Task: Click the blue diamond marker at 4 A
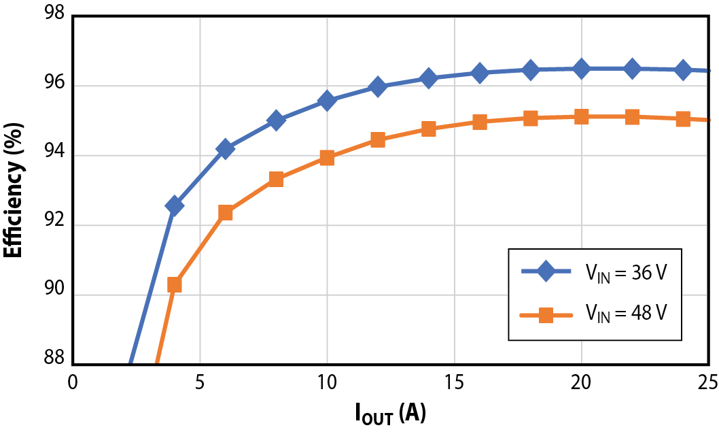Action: coord(175,205)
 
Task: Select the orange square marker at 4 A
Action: coord(175,284)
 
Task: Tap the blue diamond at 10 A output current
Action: coord(327,101)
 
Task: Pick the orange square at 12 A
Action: coord(378,140)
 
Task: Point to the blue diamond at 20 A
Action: coord(581,68)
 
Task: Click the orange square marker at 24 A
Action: coord(683,119)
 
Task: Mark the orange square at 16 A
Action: coord(480,122)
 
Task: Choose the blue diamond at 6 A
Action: coord(225,148)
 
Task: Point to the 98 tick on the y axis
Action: coord(52,15)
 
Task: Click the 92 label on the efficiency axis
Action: coord(52,225)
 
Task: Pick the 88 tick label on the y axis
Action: coord(52,359)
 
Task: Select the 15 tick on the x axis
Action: coord(454,383)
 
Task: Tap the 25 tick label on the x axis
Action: coord(707,383)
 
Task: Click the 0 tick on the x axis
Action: coord(73,383)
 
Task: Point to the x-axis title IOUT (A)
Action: coord(390,412)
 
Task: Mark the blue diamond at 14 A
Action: coord(429,78)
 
